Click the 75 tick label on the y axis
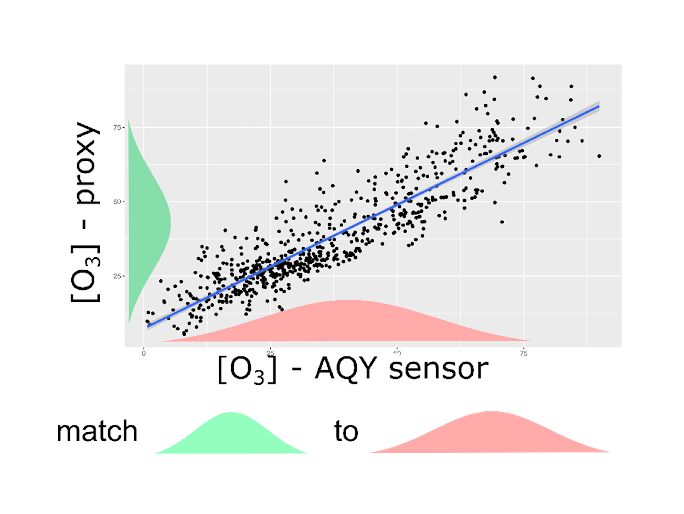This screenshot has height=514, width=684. (117, 127)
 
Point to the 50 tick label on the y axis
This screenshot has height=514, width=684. (117, 202)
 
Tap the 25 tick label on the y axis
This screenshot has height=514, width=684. (117, 276)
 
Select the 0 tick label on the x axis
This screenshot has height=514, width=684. (143, 353)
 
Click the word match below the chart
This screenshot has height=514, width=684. (97, 431)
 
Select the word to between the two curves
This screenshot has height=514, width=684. (346, 431)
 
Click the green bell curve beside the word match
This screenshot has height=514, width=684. (231, 436)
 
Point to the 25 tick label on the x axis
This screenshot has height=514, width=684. (270, 353)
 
